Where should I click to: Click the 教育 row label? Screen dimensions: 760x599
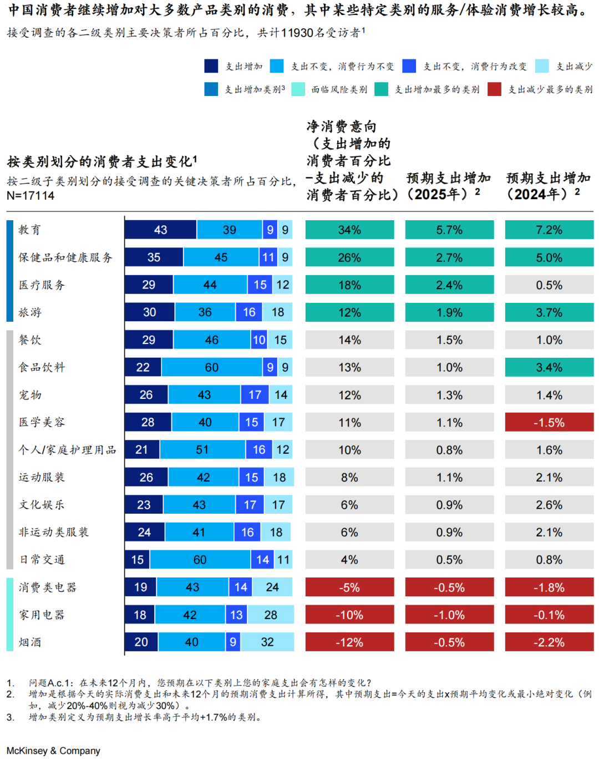tap(29, 230)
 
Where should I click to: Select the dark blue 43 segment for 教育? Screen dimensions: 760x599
tap(160, 230)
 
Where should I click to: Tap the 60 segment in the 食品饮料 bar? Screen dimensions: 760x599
tap(211, 367)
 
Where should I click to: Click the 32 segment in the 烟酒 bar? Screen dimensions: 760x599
tap(267, 642)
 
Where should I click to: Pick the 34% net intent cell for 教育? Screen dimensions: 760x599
tap(349, 230)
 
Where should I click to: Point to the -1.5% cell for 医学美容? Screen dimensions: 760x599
tap(549, 422)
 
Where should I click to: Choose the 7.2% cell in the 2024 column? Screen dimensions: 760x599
tap(549, 230)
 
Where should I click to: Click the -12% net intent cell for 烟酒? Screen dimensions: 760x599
tap(349, 642)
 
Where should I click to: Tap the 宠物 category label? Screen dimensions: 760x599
tap(30, 395)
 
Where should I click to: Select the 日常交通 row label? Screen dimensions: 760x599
tap(42, 560)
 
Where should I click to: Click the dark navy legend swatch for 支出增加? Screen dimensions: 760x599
tap(211, 67)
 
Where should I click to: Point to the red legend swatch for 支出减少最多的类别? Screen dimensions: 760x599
tap(494, 89)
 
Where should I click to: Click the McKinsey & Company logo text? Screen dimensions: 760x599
tap(53, 751)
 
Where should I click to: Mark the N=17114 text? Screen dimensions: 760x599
tap(31, 196)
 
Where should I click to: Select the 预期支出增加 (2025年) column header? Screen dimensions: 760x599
tap(449, 186)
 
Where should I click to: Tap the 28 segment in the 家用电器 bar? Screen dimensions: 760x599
tap(271, 615)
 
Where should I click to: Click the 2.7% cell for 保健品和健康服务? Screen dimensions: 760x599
tap(449, 257)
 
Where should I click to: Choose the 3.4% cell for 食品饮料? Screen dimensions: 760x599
tap(549, 367)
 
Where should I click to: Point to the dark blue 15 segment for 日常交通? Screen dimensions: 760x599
tap(137, 560)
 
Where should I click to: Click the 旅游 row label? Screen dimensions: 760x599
tap(30, 312)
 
